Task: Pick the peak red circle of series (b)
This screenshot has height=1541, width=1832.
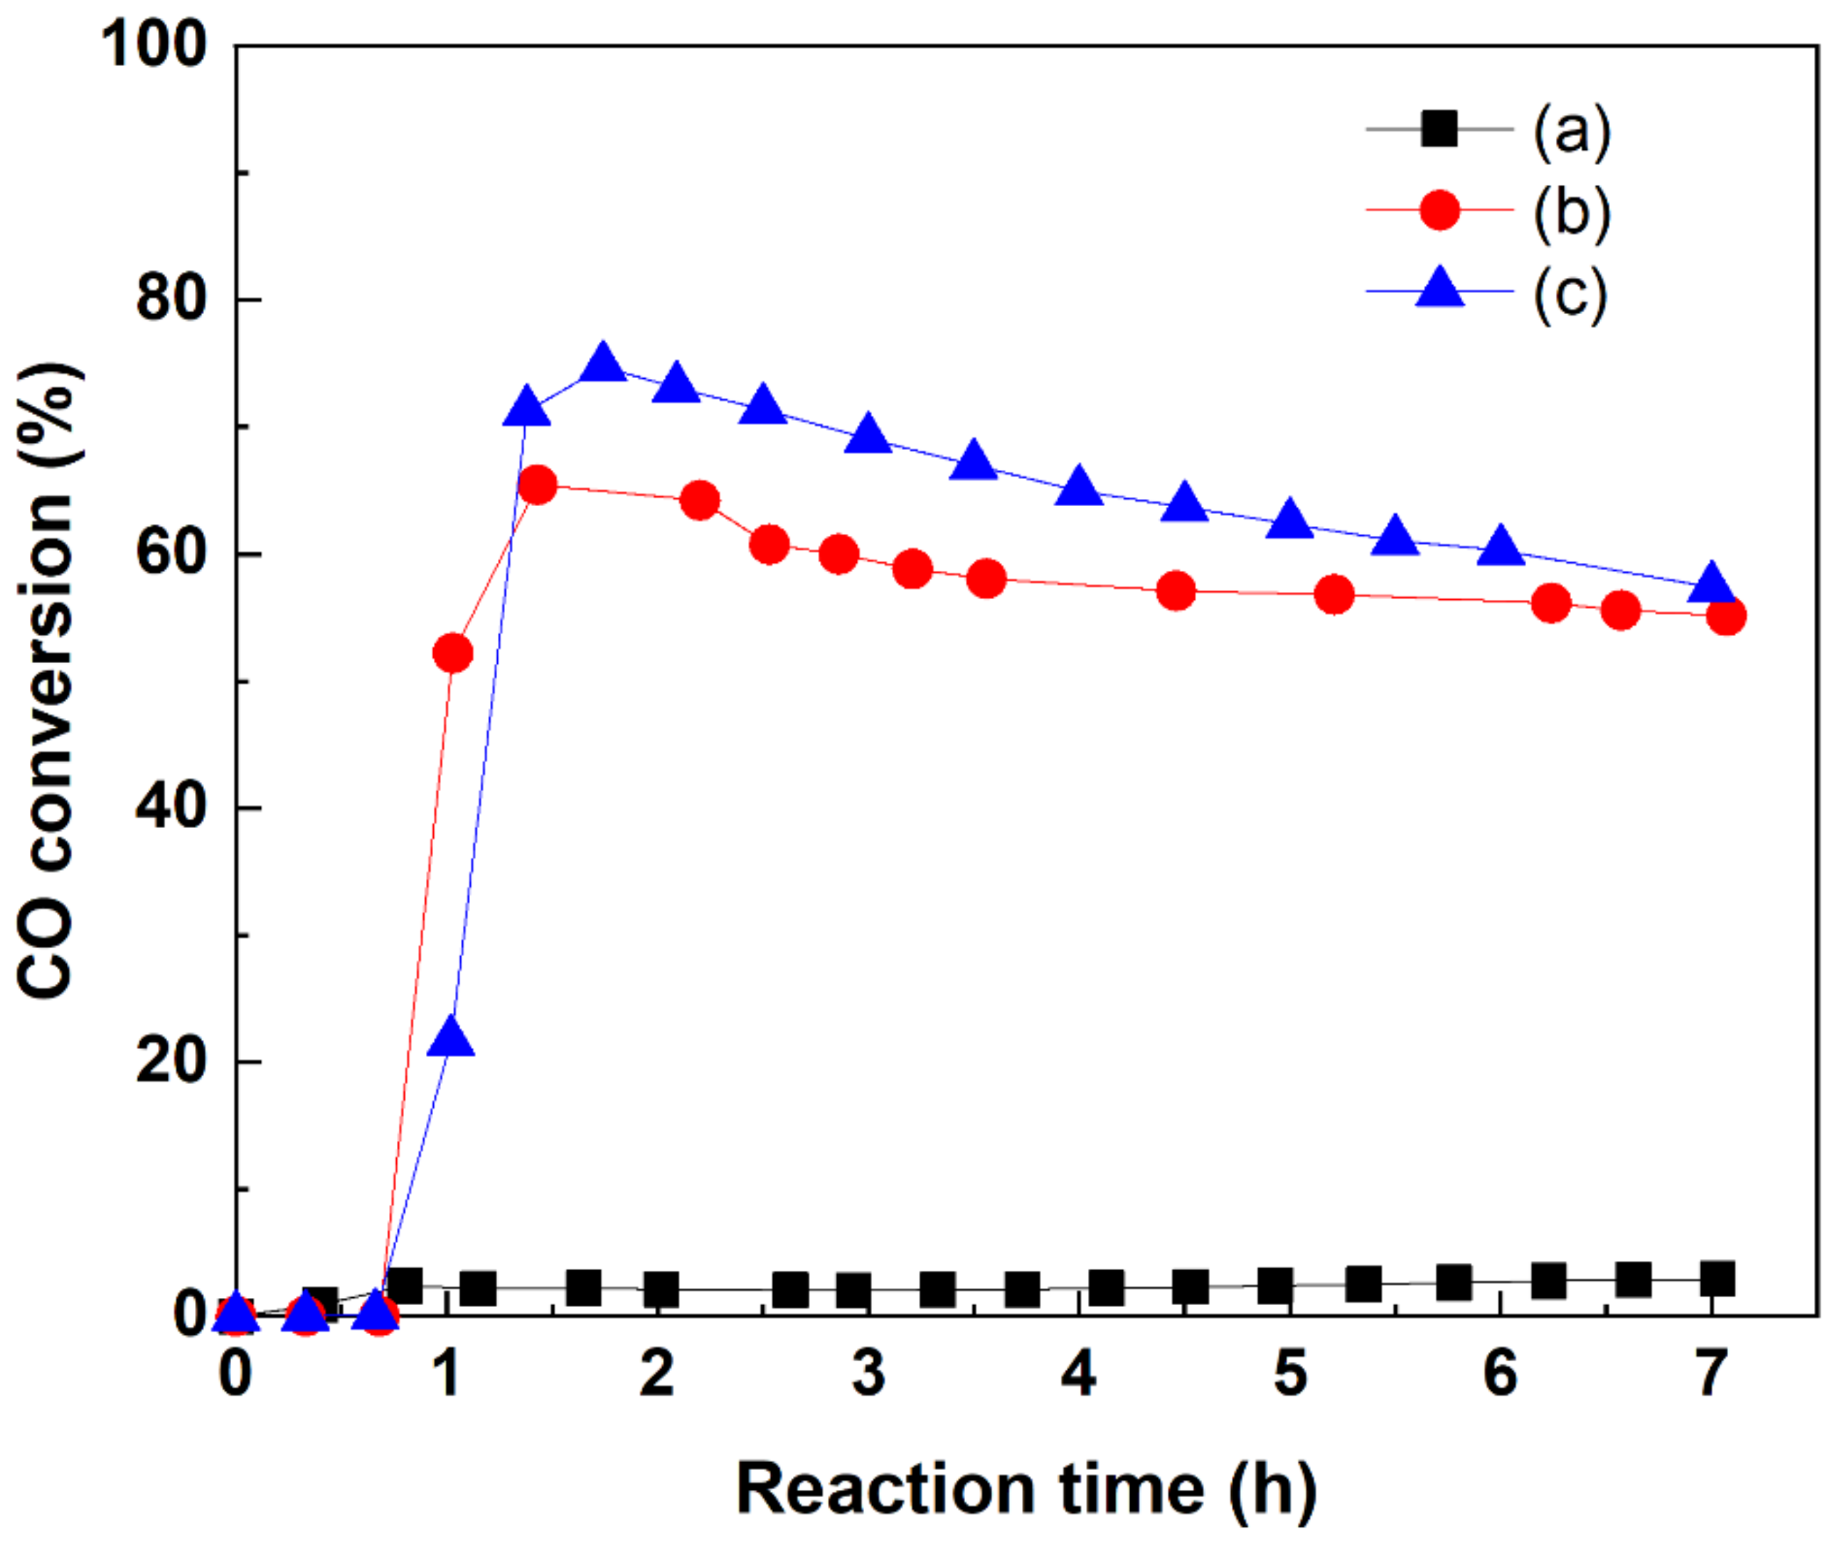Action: coord(537,485)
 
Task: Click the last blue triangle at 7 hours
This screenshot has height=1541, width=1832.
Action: coord(1710,584)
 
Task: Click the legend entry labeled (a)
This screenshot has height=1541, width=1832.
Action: coord(1572,130)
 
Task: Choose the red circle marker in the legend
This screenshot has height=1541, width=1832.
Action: coord(1439,210)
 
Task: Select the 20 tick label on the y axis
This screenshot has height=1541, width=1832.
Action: coord(171,1061)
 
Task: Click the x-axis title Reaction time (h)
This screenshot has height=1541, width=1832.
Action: coord(1026,1488)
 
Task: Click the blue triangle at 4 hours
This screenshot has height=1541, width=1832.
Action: coord(1080,488)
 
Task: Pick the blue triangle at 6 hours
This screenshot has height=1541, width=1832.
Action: coord(1501,547)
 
